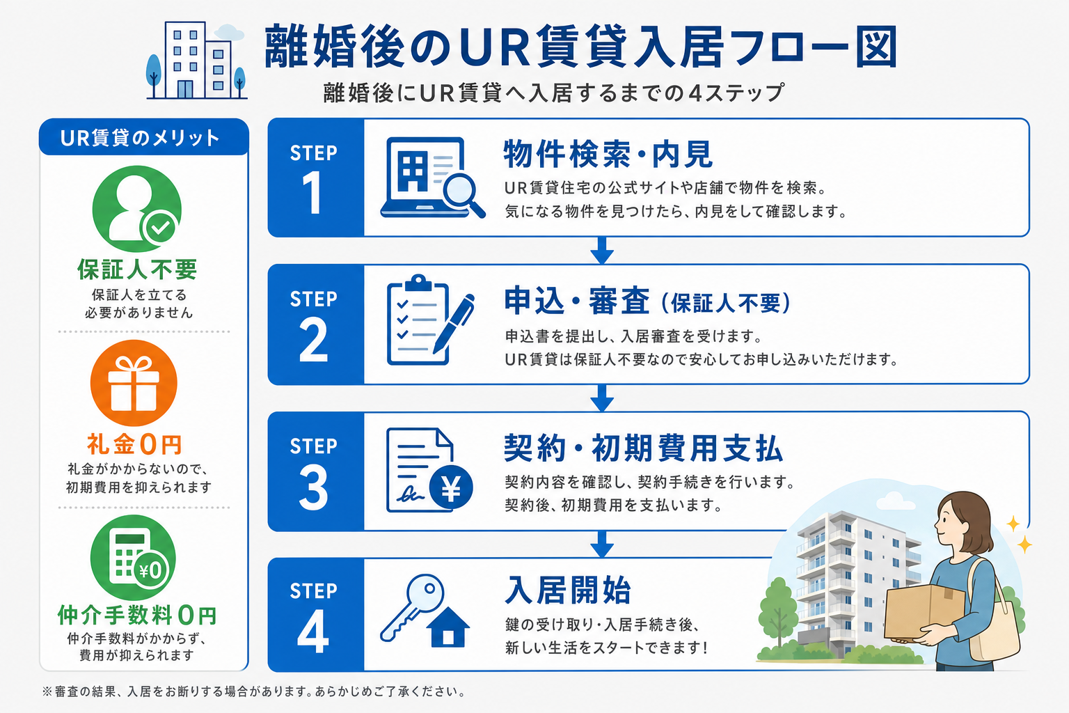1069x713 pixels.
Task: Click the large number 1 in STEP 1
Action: (312, 193)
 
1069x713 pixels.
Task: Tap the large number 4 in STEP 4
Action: (313, 631)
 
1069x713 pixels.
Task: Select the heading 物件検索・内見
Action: (608, 154)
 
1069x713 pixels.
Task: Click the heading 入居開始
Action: (568, 590)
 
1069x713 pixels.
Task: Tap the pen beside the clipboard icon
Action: (454, 323)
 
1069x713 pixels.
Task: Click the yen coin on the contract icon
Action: (451, 487)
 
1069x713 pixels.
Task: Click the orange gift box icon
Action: (134, 383)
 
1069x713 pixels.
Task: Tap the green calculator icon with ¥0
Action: (133, 557)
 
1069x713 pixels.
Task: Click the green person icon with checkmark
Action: (137, 209)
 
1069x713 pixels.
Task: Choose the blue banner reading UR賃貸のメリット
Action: (143, 138)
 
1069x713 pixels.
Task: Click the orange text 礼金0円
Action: (134, 444)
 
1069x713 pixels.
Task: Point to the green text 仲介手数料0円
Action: (137, 615)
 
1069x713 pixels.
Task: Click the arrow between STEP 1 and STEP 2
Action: (602, 250)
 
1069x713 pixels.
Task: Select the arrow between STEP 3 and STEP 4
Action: (602, 544)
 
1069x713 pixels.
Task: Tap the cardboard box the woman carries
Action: (924, 613)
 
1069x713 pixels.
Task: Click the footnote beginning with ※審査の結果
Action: (253, 691)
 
